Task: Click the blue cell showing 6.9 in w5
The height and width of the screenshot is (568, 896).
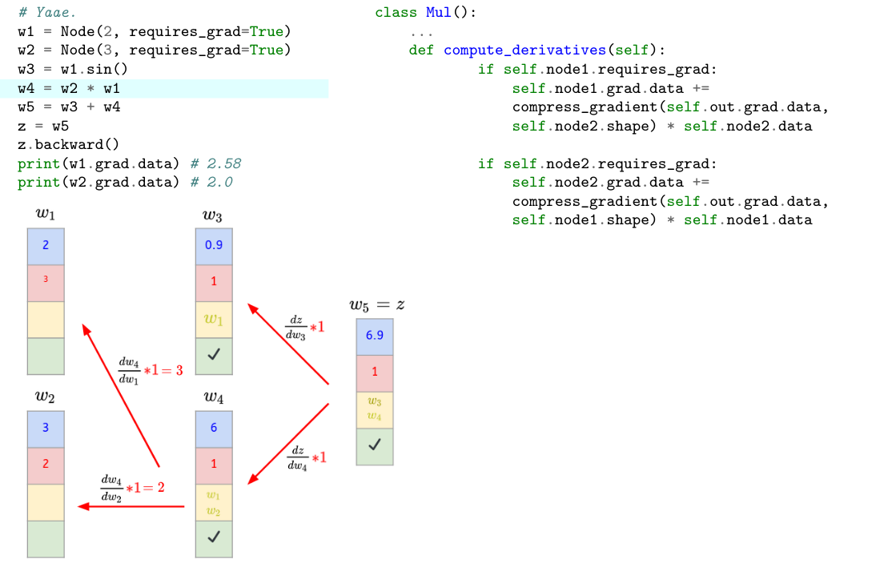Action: click(x=375, y=336)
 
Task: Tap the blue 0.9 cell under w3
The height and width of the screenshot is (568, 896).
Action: click(x=214, y=245)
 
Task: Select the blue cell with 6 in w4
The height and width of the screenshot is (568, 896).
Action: click(x=214, y=428)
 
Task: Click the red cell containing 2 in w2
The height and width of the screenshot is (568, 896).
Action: click(x=46, y=464)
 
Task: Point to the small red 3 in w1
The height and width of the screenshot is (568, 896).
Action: click(x=46, y=280)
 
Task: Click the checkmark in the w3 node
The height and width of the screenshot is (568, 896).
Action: click(x=214, y=355)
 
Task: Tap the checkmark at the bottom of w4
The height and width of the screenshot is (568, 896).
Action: click(x=214, y=538)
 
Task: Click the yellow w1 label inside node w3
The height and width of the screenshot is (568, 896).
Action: click(x=214, y=320)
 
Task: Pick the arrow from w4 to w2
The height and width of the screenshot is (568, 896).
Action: click(x=132, y=506)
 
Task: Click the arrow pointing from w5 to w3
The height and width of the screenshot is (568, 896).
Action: click(x=288, y=344)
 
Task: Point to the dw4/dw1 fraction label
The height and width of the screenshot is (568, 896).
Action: click(x=128, y=370)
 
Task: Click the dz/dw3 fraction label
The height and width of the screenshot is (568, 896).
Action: click(x=296, y=328)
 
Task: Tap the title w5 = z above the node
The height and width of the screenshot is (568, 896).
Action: click(x=376, y=304)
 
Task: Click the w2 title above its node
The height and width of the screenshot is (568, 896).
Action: click(x=45, y=396)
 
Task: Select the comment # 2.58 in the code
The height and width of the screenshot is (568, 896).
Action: click(x=216, y=164)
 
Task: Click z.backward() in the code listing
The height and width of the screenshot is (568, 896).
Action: click(x=68, y=145)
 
